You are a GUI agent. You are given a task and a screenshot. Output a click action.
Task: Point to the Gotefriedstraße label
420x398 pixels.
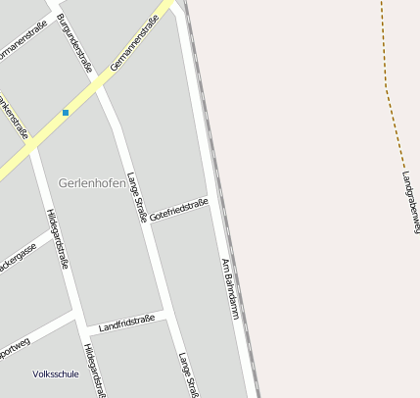179,210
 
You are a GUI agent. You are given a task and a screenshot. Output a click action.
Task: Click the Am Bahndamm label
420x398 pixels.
230,288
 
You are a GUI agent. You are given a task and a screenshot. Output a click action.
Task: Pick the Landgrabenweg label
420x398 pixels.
410,202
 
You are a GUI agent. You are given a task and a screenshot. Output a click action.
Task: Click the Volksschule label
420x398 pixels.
56,373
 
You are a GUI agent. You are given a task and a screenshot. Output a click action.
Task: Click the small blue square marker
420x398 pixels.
66,113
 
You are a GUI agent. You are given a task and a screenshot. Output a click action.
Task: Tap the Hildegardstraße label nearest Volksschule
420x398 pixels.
91,371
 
